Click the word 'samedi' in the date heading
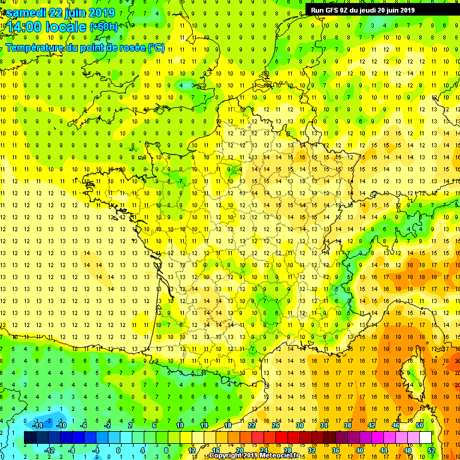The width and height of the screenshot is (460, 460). coord(25,13)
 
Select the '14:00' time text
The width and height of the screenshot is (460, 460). coord(25,27)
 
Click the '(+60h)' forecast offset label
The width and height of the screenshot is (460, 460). coord(104,27)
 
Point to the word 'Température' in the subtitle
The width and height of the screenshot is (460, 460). coord(34,47)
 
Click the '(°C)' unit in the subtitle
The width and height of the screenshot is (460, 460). coord(156,47)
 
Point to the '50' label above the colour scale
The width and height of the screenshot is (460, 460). coord(419,425)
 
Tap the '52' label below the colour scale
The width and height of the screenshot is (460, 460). coord(431,450)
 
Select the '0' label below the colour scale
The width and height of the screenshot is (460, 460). coord(118,450)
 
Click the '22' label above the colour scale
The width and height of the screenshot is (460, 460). coord(252,425)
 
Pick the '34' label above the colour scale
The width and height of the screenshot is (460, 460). coord(323,425)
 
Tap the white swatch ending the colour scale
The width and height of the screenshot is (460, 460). coord(425,438)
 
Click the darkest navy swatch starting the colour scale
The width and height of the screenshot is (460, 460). coord(30,438)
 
